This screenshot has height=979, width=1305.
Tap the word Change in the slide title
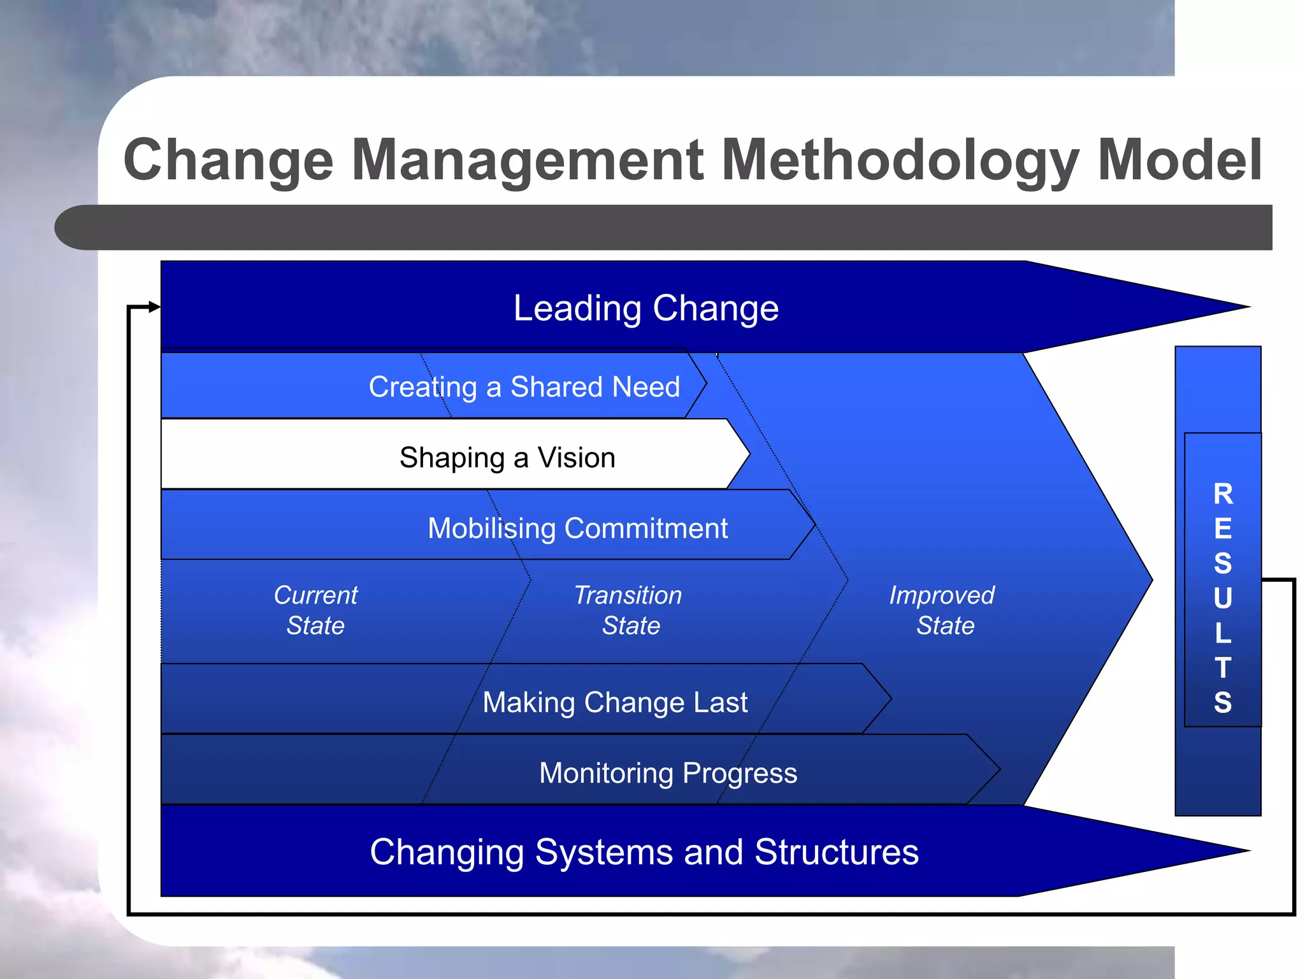pyautogui.click(x=228, y=161)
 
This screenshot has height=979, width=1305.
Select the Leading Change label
pyautogui.click(x=645, y=308)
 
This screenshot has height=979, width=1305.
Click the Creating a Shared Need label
pyautogui.click(x=524, y=387)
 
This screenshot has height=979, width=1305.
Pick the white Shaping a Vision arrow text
pyautogui.click(x=507, y=458)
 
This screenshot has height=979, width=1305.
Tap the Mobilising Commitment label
pyautogui.click(x=577, y=528)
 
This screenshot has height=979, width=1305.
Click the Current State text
pyautogui.click(x=315, y=610)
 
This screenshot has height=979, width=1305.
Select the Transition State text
pyautogui.click(x=629, y=610)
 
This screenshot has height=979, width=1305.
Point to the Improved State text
pyautogui.click(x=943, y=610)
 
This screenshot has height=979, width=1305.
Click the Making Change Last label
pyautogui.click(x=615, y=702)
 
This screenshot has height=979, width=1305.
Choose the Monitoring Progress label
pyautogui.click(x=668, y=773)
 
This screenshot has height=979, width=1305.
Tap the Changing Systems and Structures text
pyautogui.click(x=644, y=852)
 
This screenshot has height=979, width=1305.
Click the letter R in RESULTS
pyautogui.click(x=1223, y=494)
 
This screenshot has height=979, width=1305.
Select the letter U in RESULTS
pyautogui.click(x=1223, y=598)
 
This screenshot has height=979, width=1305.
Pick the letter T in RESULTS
pyautogui.click(x=1223, y=668)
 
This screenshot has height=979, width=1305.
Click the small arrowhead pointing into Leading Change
pyautogui.click(x=154, y=307)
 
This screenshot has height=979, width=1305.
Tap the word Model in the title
pyautogui.click(x=1179, y=161)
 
